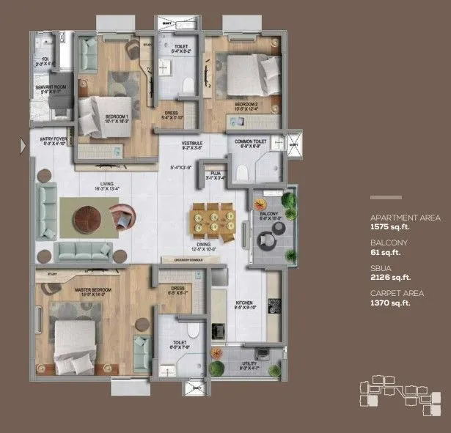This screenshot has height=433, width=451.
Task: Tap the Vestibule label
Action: point(192,143)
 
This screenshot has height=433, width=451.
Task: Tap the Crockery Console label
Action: point(187,259)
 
